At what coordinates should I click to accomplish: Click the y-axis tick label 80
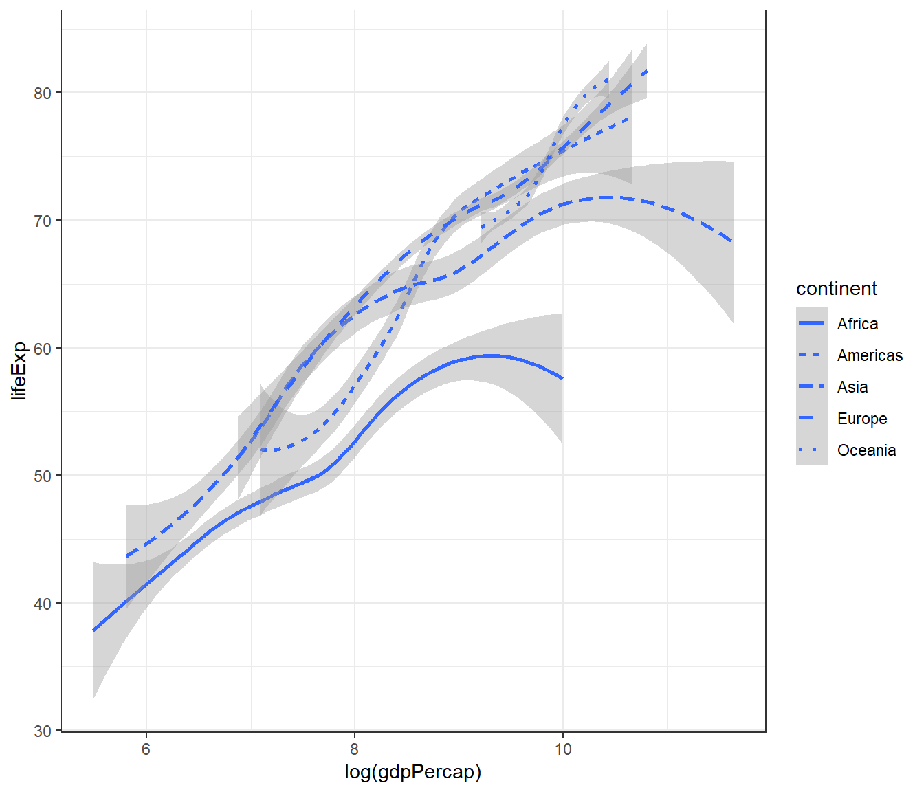point(43,93)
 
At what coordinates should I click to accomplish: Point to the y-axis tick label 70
point(43,221)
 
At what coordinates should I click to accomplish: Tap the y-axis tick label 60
point(43,349)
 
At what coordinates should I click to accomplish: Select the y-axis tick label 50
point(43,476)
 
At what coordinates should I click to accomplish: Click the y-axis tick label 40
point(43,604)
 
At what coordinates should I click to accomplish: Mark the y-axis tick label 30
point(43,731)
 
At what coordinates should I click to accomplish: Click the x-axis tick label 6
point(146,749)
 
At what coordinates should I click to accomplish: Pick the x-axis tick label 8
point(355,749)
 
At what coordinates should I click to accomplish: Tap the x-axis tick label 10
point(563,749)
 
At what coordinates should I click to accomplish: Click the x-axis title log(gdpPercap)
point(413,772)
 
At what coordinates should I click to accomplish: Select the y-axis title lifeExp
point(19,371)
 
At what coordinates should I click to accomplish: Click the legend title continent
point(837,289)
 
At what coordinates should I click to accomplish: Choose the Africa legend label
point(857,324)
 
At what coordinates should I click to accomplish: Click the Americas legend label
point(870,355)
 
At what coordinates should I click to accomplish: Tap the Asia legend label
point(852,387)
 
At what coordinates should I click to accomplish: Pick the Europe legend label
point(862,419)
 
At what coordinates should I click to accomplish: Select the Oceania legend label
point(866,450)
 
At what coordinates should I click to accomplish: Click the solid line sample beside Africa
point(812,323)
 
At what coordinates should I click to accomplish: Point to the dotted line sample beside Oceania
point(812,450)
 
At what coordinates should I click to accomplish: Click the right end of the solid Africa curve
point(562,378)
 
